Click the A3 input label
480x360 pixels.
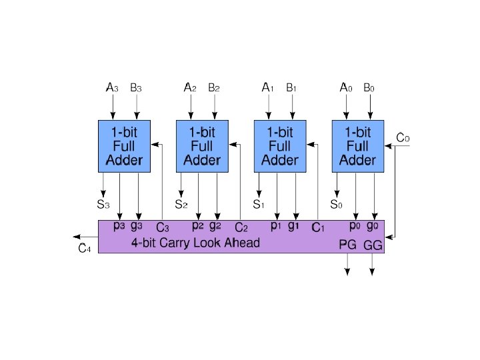pyautogui.click(x=113, y=87)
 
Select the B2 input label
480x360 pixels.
pyautogui.click(x=214, y=87)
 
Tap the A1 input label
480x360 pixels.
pyautogui.click(x=267, y=87)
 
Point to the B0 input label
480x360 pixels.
pyautogui.click(x=369, y=87)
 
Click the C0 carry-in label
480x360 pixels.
pyautogui.click(x=403, y=138)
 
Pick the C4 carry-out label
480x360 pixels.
pyautogui.click(x=84, y=249)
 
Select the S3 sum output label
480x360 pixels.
pyautogui.click(x=104, y=203)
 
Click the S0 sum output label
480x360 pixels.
pyautogui.click(x=337, y=203)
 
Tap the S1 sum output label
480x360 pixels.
pyautogui.click(x=259, y=203)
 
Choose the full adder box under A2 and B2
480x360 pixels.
pyautogui.click(x=202, y=146)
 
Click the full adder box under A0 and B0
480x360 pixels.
pyautogui.click(x=358, y=146)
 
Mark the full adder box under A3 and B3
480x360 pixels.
pyautogui.click(x=124, y=146)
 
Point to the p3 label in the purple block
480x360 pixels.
pyautogui.click(x=119, y=225)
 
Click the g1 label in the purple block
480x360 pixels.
pyautogui.click(x=294, y=225)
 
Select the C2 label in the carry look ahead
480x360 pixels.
pyautogui.click(x=241, y=228)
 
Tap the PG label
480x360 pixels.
pyautogui.click(x=347, y=245)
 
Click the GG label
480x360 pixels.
pyautogui.click(x=373, y=245)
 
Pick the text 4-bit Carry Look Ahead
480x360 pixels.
pyautogui.click(x=195, y=243)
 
